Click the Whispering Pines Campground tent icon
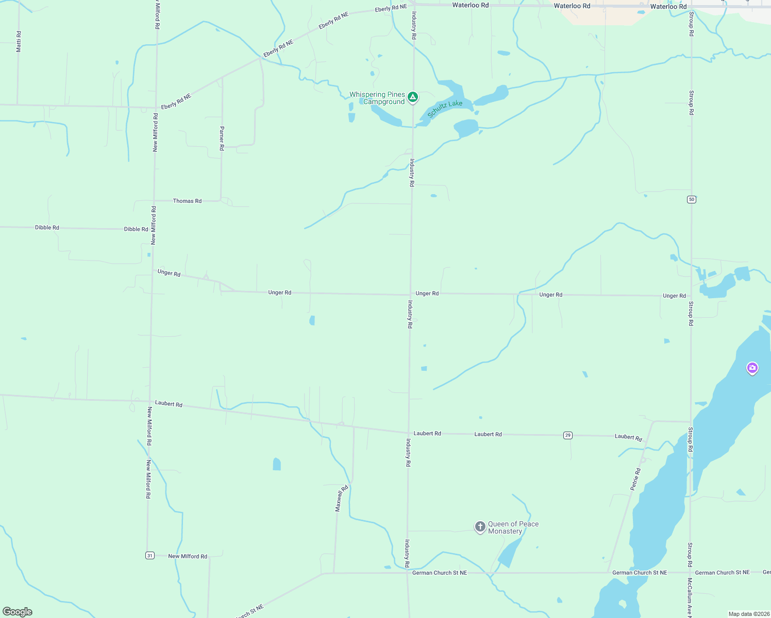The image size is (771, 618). click(412, 97)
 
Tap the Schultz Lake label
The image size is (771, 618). click(445, 109)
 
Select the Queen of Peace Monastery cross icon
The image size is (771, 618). click(480, 526)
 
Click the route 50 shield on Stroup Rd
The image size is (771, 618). click(692, 199)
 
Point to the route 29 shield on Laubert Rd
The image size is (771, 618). click(567, 435)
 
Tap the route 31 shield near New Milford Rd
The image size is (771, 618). click(149, 555)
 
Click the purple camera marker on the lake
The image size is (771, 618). click(752, 368)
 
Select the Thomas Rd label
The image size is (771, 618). click(187, 201)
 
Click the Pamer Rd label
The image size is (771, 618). click(222, 138)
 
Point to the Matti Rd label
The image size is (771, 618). click(19, 41)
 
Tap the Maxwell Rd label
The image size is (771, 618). click(341, 498)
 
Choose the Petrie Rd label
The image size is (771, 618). click(635, 479)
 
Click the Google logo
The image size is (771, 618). click(18, 611)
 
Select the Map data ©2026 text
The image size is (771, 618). click(748, 614)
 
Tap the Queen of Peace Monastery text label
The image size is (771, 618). click(513, 527)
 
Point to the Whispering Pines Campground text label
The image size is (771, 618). click(377, 98)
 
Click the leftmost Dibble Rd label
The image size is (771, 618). click(47, 227)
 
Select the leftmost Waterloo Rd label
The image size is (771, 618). click(470, 5)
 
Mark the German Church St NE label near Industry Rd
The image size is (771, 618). click(439, 573)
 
